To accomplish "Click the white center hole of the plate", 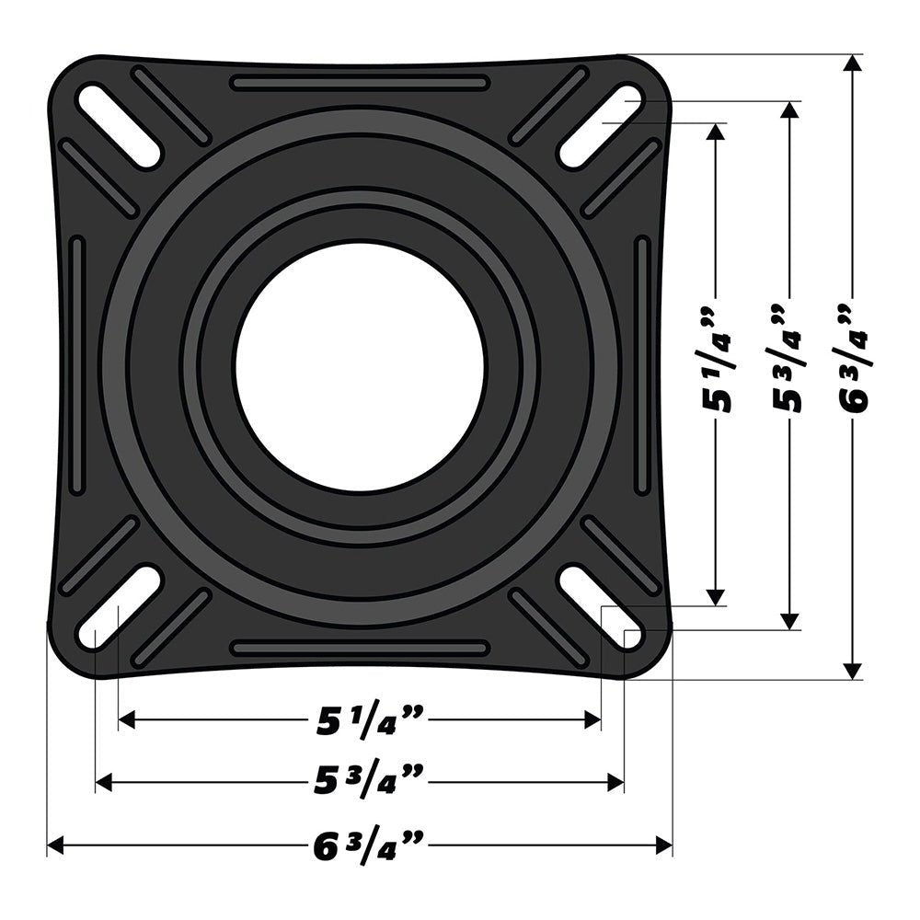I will (359, 367).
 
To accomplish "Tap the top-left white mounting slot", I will (119, 126).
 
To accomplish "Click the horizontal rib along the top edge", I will (359, 83).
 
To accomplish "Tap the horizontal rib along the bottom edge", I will (359, 649).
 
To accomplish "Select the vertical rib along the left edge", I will (76, 366).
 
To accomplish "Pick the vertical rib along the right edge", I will (642, 366).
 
